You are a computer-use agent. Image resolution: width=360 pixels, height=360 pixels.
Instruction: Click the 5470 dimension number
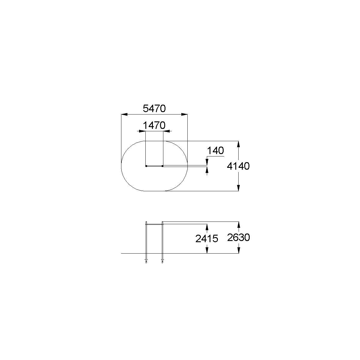[x=154, y=108]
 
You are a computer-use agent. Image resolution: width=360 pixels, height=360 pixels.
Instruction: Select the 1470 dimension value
[x=154, y=125]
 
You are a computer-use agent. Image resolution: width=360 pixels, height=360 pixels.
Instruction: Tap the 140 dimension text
[x=216, y=150]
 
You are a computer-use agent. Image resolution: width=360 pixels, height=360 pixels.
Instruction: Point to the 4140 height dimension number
[x=238, y=166]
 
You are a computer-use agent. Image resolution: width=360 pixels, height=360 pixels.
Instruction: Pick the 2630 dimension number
[x=239, y=238]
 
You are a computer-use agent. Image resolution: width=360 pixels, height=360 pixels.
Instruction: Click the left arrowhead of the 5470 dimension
[x=124, y=114]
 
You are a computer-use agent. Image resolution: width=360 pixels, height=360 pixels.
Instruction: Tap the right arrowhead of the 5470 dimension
[x=184, y=114]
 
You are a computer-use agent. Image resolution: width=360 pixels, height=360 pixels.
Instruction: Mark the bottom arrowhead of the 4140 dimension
[x=238, y=188]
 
